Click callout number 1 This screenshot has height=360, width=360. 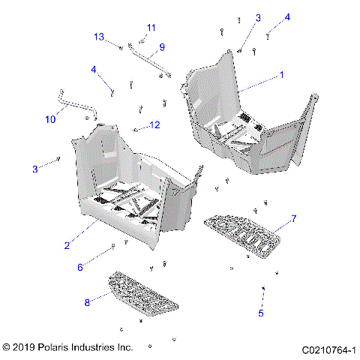tap(281, 75)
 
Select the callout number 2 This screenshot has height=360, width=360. tap(67, 245)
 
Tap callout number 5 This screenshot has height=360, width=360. tap(261, 313)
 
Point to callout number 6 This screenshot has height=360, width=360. tap(80, 267)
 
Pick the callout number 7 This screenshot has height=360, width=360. tap(294, 218)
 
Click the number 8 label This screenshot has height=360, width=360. tap(86, 302)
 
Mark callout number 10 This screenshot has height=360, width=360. tap(50, 119)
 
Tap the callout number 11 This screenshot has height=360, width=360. tap(151, 28)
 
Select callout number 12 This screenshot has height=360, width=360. tap(154, 124)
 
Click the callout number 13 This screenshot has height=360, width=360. tap(99, 37)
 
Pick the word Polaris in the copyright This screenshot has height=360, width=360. tap(62, 348)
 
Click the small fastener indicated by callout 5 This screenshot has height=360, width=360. tap(263, 288)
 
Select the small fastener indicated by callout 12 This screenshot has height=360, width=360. tap(136, 130)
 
